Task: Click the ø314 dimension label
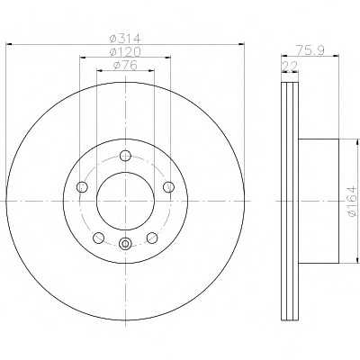coord(125,39)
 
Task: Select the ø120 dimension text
coord(125,52)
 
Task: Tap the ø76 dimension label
coord(125,65)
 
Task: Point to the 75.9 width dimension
coord(310,49)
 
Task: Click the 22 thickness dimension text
coord(290,66)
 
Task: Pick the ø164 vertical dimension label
coord(352,201)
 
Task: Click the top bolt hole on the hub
coord(125,156)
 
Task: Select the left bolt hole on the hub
coord(82,187)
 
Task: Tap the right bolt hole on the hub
coord(168,187)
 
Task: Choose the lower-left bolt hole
coord(99,238)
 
